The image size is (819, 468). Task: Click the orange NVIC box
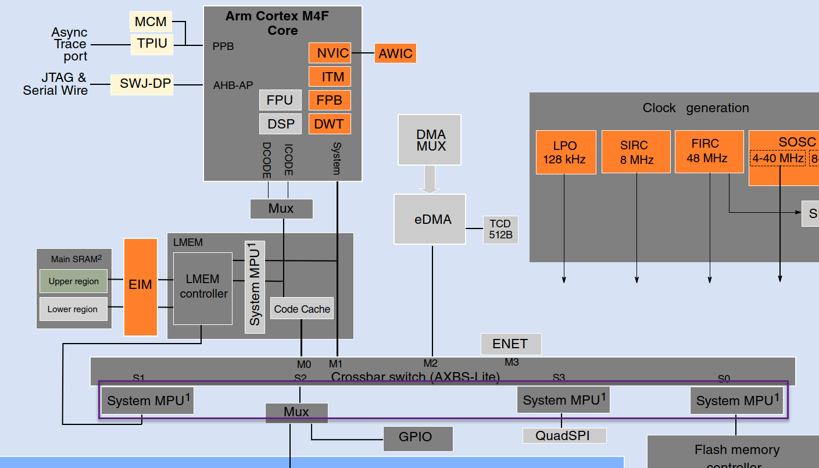pos(330,53)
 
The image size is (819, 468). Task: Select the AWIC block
pos(395,53)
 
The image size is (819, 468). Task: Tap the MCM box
pos(151,22)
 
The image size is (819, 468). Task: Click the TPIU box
pos(152,44)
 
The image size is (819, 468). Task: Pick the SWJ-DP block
pos(142,84)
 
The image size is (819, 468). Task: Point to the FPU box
pos(280,100)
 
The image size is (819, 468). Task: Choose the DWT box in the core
pos(330,124)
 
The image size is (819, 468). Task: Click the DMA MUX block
pos(430,140)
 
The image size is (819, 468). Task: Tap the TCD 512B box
pos(500,230)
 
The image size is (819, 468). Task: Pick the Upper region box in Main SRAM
pos(73,281)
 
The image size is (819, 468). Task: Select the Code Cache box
pos(302,309)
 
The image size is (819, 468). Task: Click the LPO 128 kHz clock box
pos(566,152)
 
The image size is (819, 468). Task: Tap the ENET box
pos(510,344)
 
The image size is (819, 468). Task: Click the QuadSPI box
pos(563,435)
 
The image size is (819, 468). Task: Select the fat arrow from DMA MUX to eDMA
pos(430,180)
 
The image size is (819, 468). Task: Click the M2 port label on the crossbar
pos(430,363)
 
